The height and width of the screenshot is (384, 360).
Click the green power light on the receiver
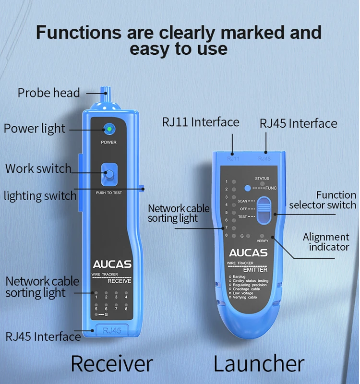pyautogui.click(x=109, y=129)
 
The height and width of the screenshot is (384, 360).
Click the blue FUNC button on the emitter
pyautogui.click(x=247, y=189)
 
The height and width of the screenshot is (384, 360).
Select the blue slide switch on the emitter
pyautogui.click(x=264, y=210)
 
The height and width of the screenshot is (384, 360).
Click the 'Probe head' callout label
pyautogui.click(x=48, y=92)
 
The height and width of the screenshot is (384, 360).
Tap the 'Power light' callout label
pyautogui.click(x=34, y=129)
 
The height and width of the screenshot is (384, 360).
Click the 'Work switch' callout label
pyautogui.click(x=38, y=168)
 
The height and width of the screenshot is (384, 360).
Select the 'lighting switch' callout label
pyautogui.click(x=40, y=196)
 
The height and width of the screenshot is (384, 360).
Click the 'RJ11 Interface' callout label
pyautogui.click(x=200, y=122)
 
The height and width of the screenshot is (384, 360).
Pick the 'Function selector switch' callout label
pyautogui.click(x=323, y=200)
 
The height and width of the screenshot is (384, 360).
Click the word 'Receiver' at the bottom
pyautogui.click(x=111, y=363)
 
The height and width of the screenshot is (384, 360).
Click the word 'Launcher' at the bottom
pyautogui.click(x=259, y=363)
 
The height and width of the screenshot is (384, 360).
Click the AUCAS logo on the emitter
pyautogui.click(x=248, y=253)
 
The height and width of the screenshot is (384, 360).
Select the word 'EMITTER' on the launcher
pyautogui.click(x=255, y=270)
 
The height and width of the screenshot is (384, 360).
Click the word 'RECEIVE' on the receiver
pyautogui.click(x=119, y=281)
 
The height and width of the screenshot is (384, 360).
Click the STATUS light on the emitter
pyautogui.click(x=262, y=184)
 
